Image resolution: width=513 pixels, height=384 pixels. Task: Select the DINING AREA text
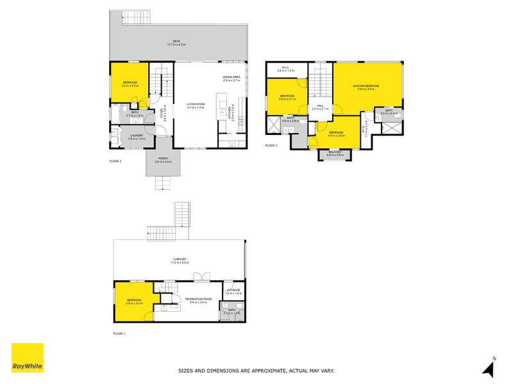pyautogui.click(x=231, y=78)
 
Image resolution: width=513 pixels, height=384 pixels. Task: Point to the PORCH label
pyautogui.click(x=163, y=159)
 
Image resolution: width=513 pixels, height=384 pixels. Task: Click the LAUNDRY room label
pyautogui.click(x=137, y=135)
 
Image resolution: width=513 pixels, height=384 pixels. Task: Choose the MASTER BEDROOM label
pyautogui.click(x=366, y=86)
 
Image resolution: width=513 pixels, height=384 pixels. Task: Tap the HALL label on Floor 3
pyautogui.click(x=319, y=106)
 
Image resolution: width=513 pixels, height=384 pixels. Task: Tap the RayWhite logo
pyautogui.click(x=28, y=358)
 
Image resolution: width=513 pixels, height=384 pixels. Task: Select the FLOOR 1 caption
pyautogui.click(x=119, y=333)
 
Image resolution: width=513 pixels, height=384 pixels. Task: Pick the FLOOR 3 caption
pyautogui.click(x=272, y=145)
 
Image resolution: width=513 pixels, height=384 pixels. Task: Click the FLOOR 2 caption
pyautogui.click(x=115, y=162)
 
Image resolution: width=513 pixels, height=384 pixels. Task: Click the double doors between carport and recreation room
pyautogui.click(x=201, y=277)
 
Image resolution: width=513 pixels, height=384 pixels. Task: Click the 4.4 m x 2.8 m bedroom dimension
pyautogui.click(x=337, y=135)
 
